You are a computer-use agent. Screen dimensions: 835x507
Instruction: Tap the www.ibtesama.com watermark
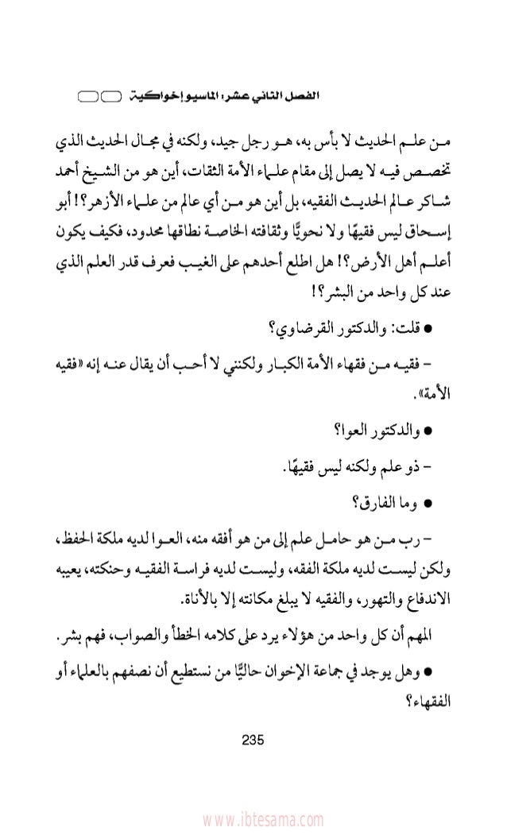[253, 819]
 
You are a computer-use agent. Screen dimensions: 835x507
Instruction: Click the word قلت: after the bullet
[404, 331]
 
